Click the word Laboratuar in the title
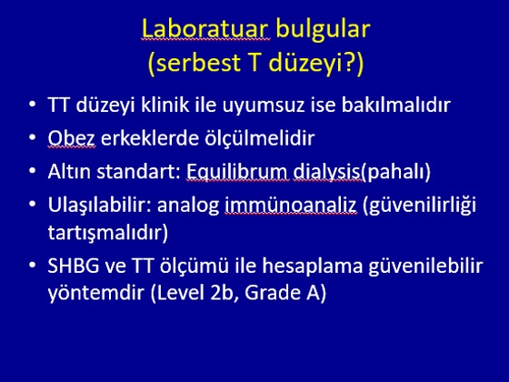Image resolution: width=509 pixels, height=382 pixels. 205,29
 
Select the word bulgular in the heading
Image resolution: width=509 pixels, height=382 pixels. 323,30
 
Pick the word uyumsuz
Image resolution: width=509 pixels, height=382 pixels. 264,106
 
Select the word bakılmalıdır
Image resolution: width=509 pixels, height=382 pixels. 396,105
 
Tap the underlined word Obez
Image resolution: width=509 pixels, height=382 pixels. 72,138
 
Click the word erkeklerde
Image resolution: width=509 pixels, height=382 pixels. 150,138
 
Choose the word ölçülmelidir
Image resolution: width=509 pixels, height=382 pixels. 260,138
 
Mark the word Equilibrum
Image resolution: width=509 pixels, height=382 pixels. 236,172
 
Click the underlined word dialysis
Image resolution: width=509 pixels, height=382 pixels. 327,172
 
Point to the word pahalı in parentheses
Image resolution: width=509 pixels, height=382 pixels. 395,172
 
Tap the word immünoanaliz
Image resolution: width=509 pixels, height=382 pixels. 291,206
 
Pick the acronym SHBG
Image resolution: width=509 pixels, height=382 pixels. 74,266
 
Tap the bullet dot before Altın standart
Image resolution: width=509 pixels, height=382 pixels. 32,171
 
